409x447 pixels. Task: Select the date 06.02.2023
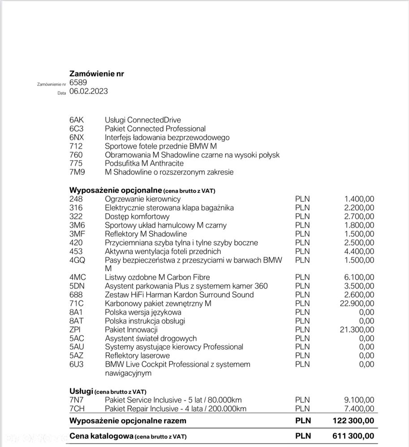(x=89, y=91)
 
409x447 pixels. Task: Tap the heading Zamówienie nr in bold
(x=97, y=73)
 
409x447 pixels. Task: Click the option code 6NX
(x=77, y=137)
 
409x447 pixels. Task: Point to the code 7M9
(x=77, y=172)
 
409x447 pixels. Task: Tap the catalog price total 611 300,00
(x=352, y=436)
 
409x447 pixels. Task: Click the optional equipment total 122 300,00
(x=352, y=421)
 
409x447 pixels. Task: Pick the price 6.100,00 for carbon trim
(x=359, y=277)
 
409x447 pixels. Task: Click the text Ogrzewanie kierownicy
(x=142, y=199)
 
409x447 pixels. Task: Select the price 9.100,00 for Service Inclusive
(x=359, y=400)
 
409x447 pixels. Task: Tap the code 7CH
(x=77, y=409)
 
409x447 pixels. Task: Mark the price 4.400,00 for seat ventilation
(x=359, y=251)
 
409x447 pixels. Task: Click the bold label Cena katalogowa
(x=101, y=436)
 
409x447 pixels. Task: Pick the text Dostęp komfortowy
(x=137, y=217)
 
